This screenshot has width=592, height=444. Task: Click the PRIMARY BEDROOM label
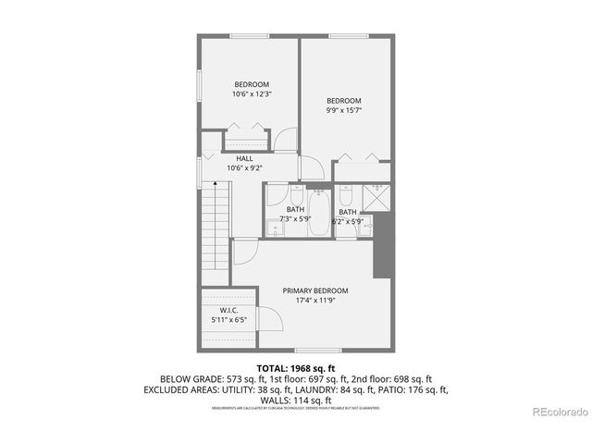click(x=314, y=290)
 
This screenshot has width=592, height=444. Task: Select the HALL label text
click(x=244, y=158)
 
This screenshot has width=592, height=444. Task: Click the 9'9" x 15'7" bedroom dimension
click(x=343, y=110)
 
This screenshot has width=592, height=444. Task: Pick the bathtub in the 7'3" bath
click(x=319, y=214)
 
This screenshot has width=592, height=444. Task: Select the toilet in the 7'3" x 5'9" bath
click(x=296, y=195)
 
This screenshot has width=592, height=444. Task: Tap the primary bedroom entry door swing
click(x=245, y=251)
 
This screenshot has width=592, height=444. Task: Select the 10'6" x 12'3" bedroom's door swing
click(x=285, y=140)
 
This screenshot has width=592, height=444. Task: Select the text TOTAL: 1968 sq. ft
click(x=295, y=367)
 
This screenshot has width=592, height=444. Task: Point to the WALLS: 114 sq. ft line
click(x=295, y=401)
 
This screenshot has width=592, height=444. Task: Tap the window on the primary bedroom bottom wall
click(x=314, y=351)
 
